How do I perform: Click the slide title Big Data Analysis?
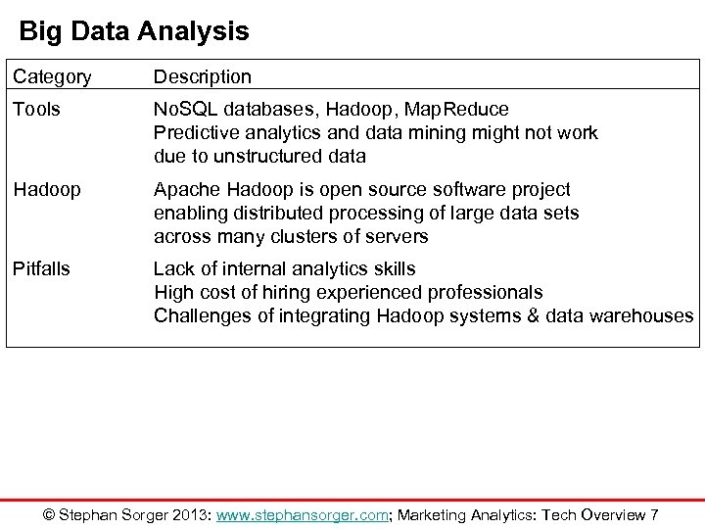(134, 31)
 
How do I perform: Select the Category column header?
(52, 76)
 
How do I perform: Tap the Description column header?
(203, 76)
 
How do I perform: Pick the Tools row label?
(36, 108)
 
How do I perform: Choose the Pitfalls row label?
(43, 268)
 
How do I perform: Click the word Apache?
(187, 189)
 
